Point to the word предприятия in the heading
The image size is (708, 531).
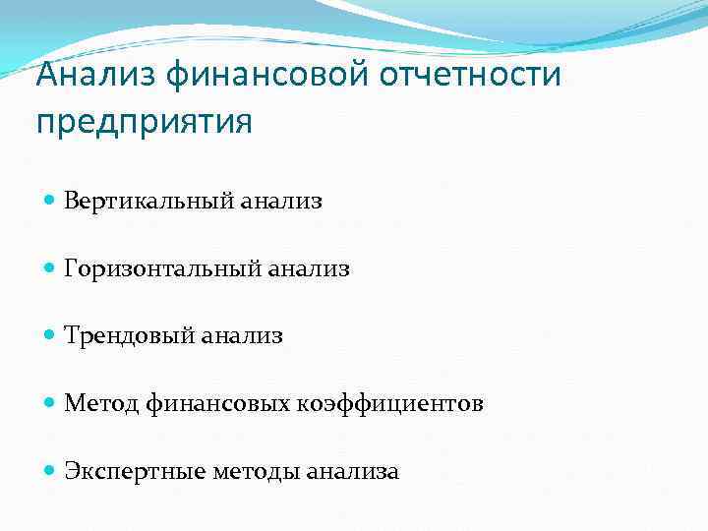[144, 123]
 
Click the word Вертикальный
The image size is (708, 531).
[148, 202]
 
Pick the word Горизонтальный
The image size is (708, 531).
[162, 268]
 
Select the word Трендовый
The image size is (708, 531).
[129, 336]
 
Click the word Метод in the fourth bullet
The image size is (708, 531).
[102, 404]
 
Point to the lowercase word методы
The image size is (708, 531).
[255, 473]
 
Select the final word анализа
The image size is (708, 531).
[352, 473]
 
